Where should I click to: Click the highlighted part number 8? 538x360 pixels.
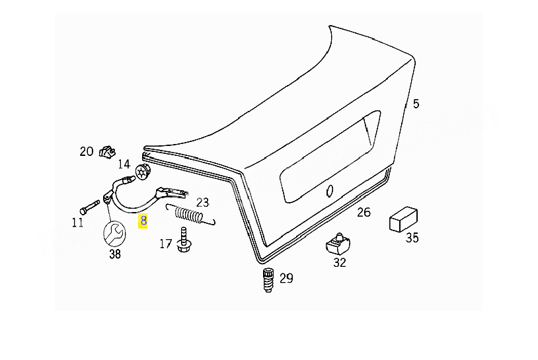pos(143,221)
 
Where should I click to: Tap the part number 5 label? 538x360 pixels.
pos(416,104)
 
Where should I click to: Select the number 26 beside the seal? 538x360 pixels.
pos(364,212)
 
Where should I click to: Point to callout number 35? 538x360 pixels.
pos(412,238)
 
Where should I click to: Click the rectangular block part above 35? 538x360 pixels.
pos(403,219)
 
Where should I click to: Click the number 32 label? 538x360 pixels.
pos(340,263)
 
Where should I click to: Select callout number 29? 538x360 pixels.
pos(286,278)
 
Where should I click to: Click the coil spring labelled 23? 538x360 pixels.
pos(190,215)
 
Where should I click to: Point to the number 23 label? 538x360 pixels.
pos(202,202)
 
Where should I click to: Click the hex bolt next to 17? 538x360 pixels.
pos(184,240)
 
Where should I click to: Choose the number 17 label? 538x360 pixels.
pos(165,244)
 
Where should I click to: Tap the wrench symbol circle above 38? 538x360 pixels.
pos(114,233)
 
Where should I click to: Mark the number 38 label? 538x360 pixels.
pos(115,254)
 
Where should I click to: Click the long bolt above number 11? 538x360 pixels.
pos(89,207)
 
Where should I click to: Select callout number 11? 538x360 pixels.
pos(77,223)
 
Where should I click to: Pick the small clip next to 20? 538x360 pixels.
pos(107,152)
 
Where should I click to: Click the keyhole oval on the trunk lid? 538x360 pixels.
pos(329,191)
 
